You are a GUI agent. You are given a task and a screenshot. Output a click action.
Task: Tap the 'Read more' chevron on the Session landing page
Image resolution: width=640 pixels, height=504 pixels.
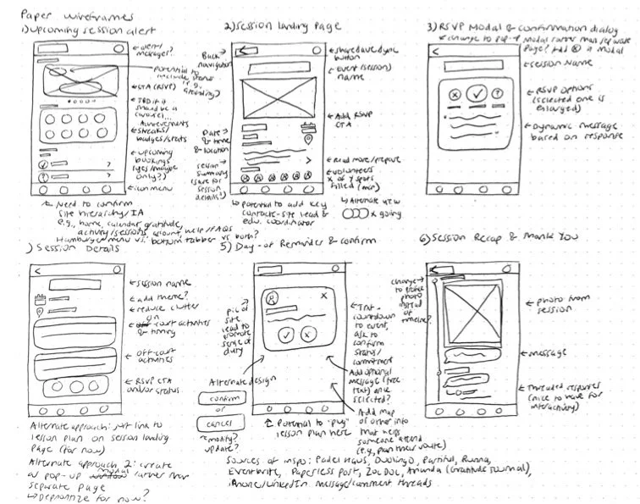[308, 159]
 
